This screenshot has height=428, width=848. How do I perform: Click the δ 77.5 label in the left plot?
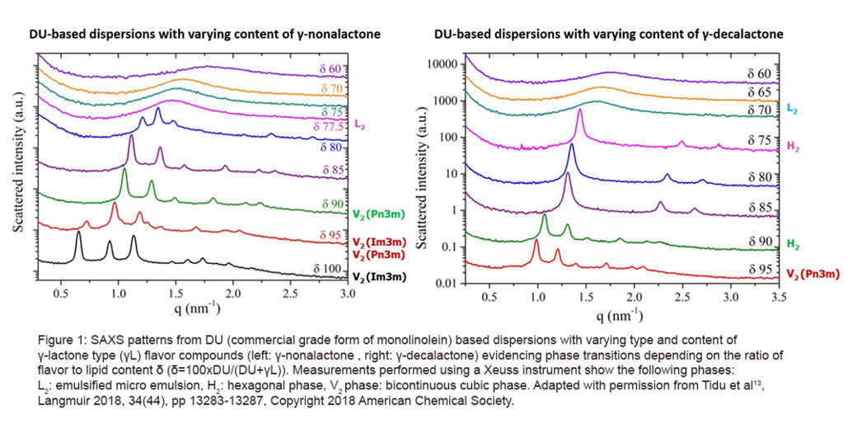click(330, 126)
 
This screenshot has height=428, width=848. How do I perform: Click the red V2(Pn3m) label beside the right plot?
click(813, 273)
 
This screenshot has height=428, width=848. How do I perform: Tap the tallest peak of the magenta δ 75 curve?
click(580, 111)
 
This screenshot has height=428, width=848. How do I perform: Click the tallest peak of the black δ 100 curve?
click(78, 233)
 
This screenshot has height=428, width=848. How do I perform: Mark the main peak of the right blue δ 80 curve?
click(571, 146)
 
